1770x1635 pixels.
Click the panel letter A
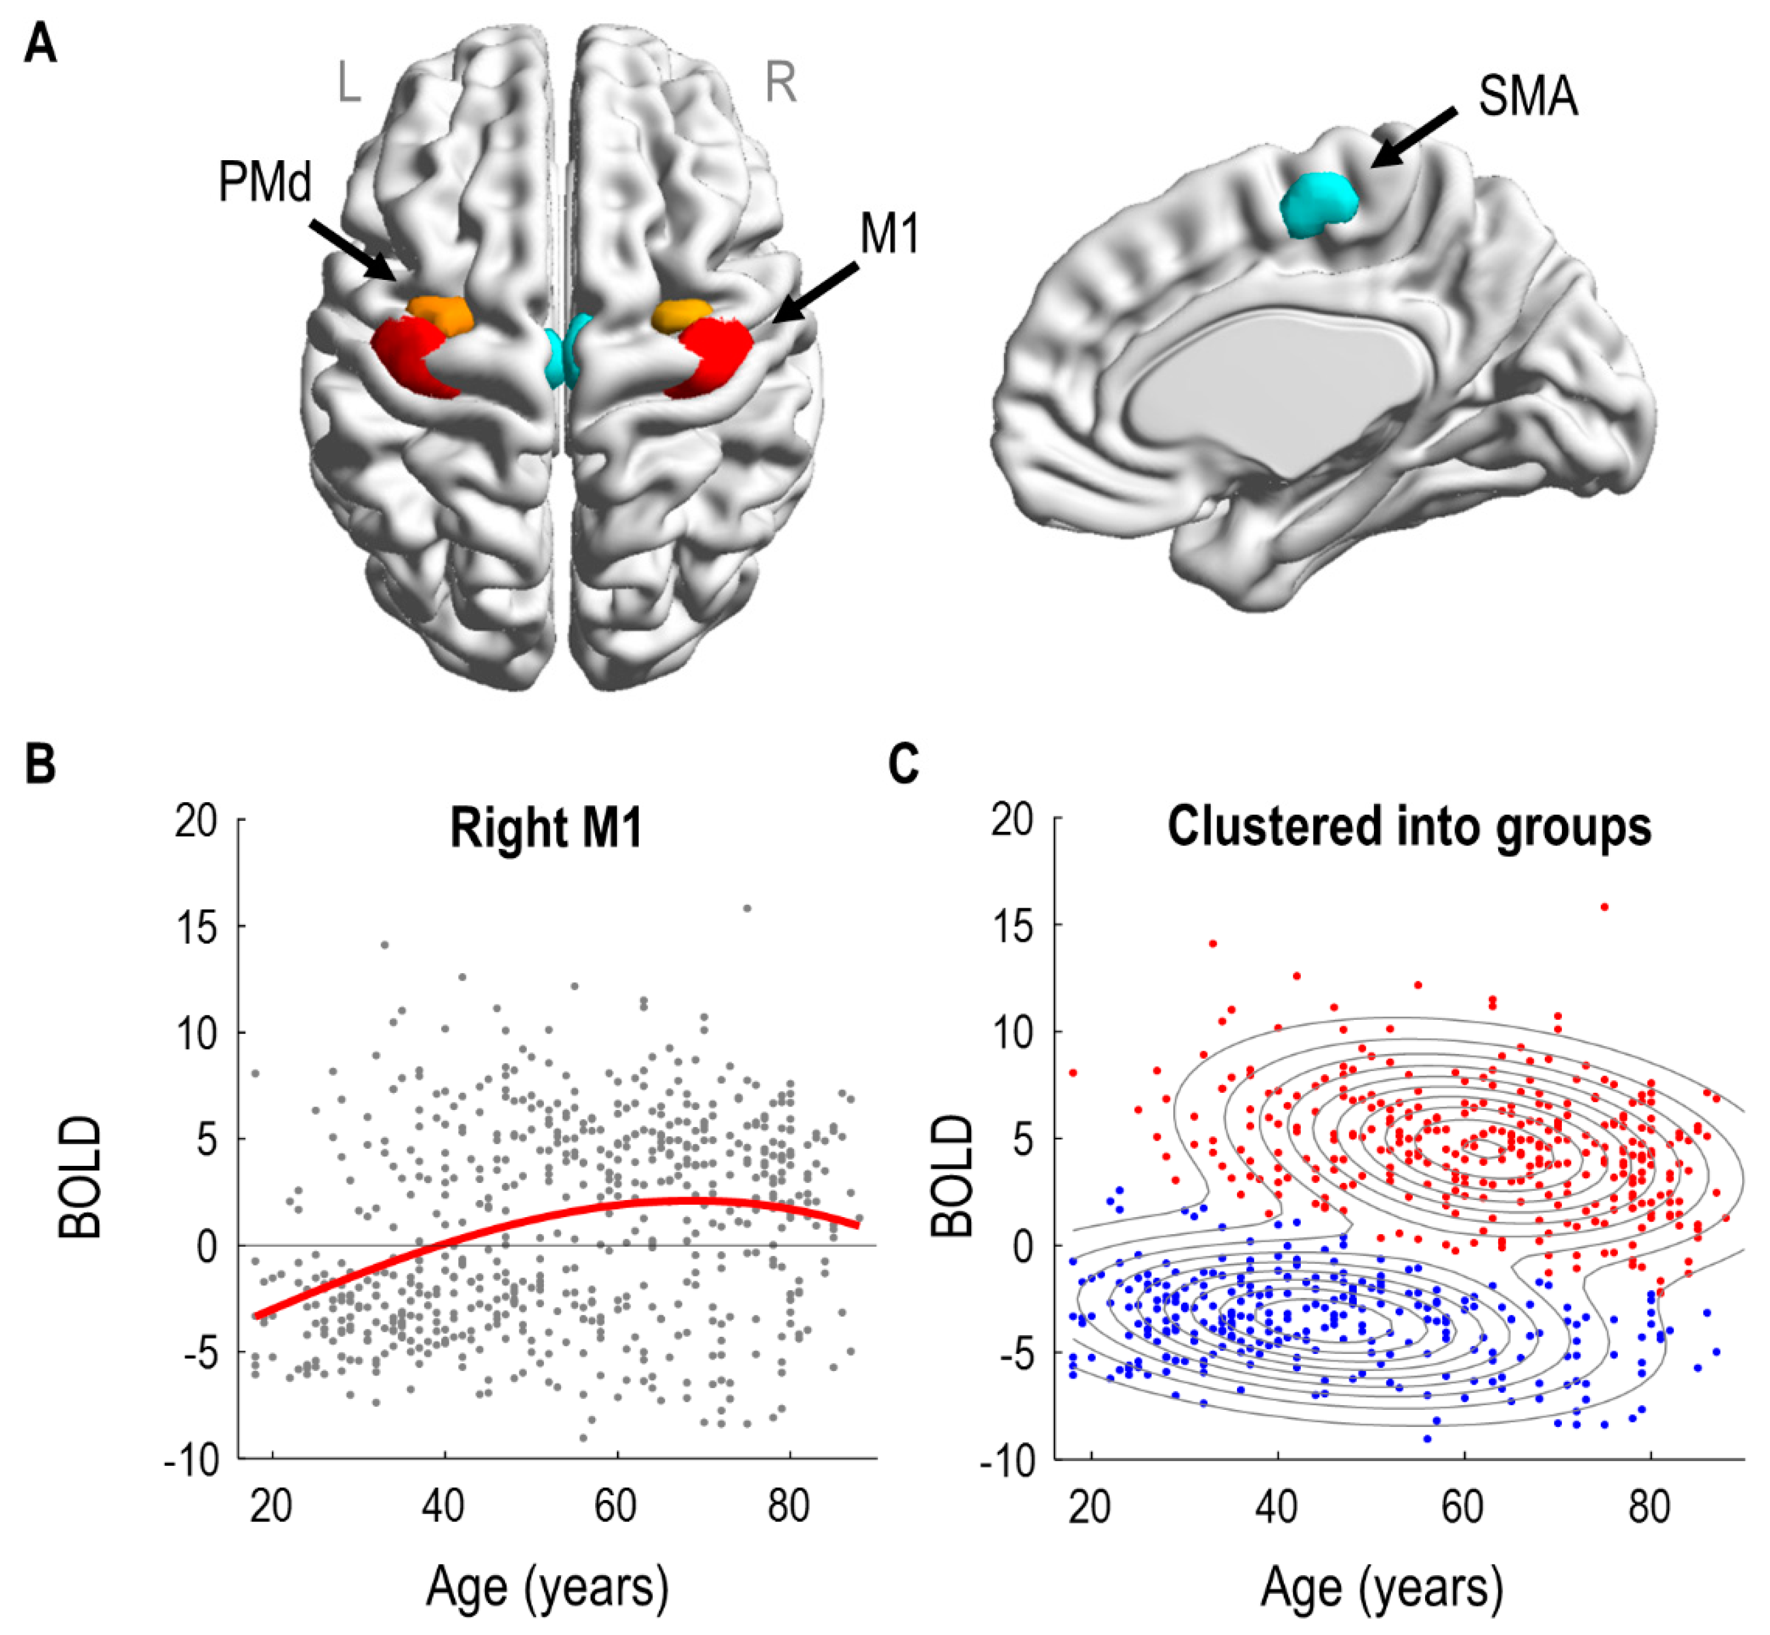40,42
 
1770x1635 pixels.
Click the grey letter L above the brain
349,84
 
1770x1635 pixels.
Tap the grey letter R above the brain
780,84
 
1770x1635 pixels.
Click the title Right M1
546,829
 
